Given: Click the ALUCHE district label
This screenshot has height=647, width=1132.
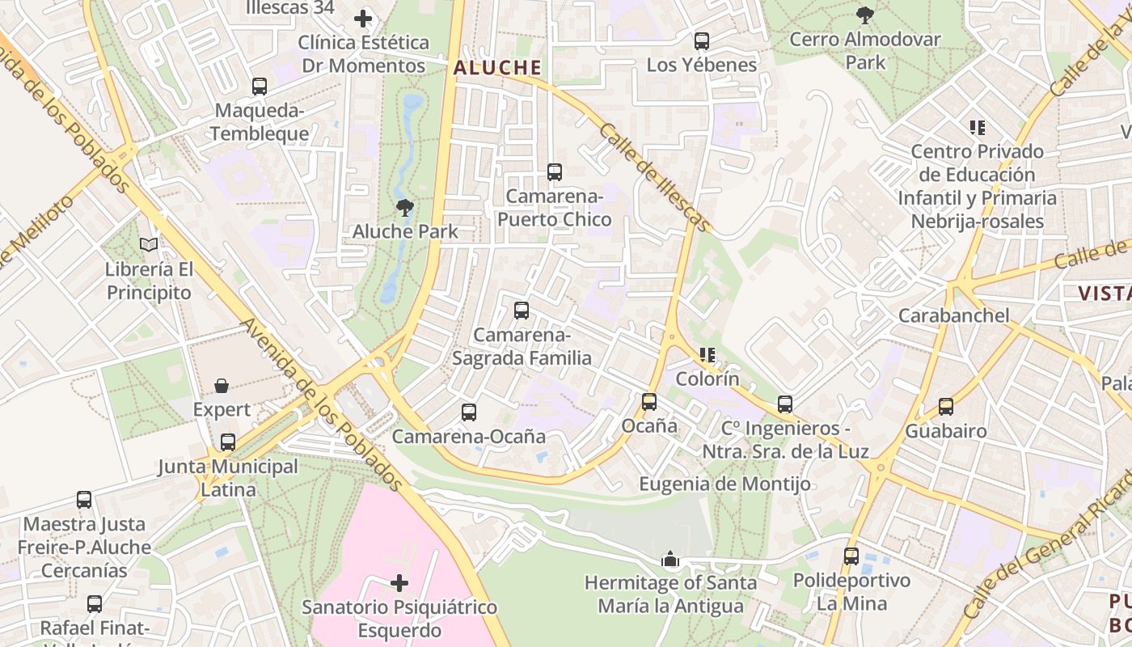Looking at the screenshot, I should click(x=497, y=68).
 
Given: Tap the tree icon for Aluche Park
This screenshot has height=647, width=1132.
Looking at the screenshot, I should click(x=405, y=209).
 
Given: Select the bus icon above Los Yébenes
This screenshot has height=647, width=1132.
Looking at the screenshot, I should click(x=702, y=41).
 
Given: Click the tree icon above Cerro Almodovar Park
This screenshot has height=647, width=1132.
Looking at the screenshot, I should click(x=865, y=15).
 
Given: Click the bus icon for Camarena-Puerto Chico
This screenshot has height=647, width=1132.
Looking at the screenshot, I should click(x=554, y=172).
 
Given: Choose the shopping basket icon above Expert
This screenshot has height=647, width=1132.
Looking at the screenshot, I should click(x=222, y=387).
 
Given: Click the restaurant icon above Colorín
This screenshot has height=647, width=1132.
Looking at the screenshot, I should click(x=707, y=355).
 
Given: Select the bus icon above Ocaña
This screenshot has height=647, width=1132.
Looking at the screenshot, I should click(x=648, y=402).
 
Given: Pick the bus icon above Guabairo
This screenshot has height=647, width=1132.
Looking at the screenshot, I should click(x=946, y=407).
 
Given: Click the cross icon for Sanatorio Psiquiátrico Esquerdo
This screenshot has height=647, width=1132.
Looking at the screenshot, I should click(x=399, y=583).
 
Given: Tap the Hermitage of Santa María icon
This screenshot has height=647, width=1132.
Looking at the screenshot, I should click(x=670, y=559).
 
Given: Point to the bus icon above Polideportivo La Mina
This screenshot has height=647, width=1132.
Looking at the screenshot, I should click(x=851, y=556).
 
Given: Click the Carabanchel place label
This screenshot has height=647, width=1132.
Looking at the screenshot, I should click(x=954, y=315).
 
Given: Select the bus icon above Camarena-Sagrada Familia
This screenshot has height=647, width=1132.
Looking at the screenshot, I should click(x=522, y=311).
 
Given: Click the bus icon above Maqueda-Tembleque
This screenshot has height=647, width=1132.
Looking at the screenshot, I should click(x=260, y=87).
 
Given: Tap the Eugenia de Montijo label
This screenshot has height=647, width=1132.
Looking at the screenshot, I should click(x=724, y=484).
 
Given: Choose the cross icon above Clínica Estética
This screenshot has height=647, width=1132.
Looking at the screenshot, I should click(x=363, y=18).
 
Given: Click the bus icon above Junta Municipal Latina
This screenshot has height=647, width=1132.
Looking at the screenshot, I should click(x=228, y=442).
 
